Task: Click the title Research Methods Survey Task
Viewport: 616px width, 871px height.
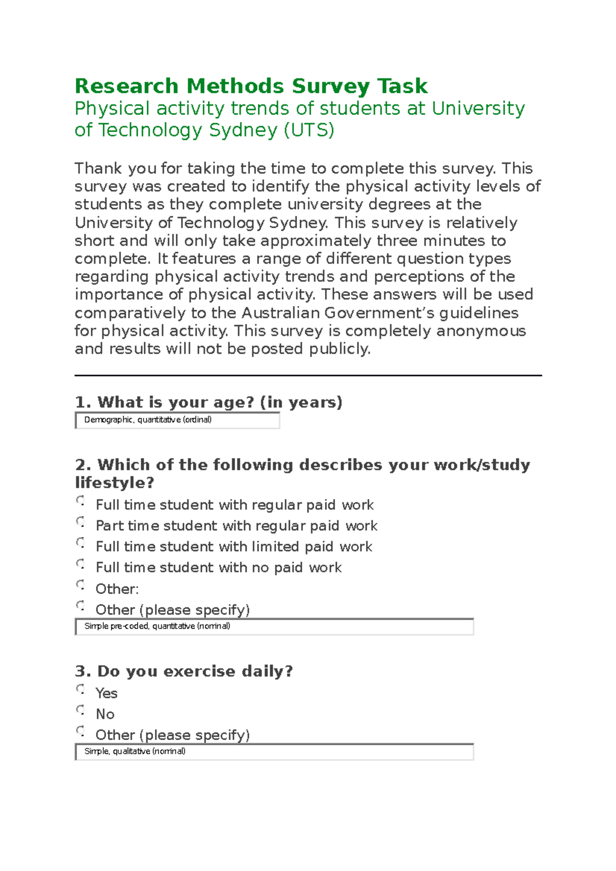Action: pos(251,86)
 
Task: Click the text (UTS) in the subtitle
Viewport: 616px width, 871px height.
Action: pos(309,130)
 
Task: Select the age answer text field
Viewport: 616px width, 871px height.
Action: pos(177,420)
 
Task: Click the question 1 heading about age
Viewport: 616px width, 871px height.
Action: pos(208,402)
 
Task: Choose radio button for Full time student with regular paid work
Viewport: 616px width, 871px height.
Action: pos(80,500)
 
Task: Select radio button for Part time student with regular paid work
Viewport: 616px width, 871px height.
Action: pos(80,522)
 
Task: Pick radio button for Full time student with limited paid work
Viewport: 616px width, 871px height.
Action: pos(80,542)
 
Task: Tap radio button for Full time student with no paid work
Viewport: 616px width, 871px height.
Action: pos(80,564)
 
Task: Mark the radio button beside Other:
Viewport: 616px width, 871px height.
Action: pos(80,585)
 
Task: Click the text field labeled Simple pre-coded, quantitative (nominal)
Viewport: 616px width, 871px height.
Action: pos(274,626)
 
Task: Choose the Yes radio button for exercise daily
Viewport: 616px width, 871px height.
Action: pos(80,689)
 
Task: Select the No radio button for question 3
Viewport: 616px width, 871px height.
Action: pos(80,710)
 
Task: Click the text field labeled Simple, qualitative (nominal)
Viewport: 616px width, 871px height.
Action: pos(274,751)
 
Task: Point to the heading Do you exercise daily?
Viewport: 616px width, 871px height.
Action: pos(184,671)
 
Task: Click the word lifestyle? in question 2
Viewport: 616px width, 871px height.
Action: pos(114,483)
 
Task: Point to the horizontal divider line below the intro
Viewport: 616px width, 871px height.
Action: pos(308,375)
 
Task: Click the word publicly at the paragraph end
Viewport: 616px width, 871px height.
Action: pos(339,349)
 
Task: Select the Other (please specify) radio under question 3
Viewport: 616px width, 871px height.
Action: pos(80,730)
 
